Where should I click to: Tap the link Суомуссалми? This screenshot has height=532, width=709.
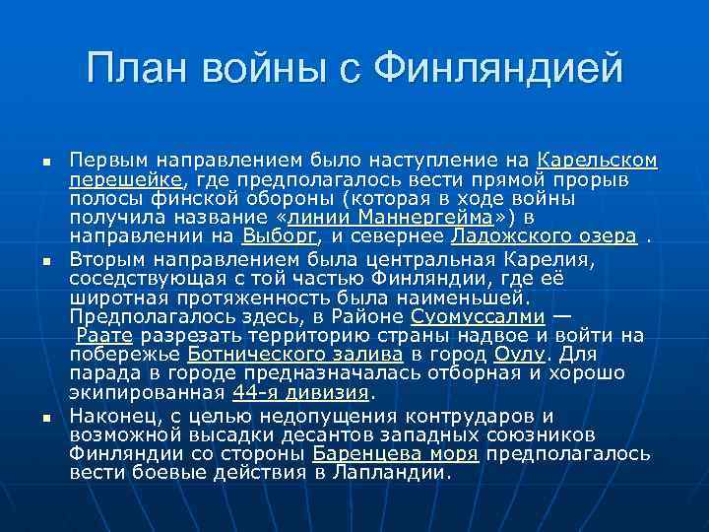[x=478, y=317]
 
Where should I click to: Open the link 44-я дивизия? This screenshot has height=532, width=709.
[x=300, y=392]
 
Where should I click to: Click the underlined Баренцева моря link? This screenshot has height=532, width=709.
[x=395, y=453]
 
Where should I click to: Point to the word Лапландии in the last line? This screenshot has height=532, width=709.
[x=390, y=472]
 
